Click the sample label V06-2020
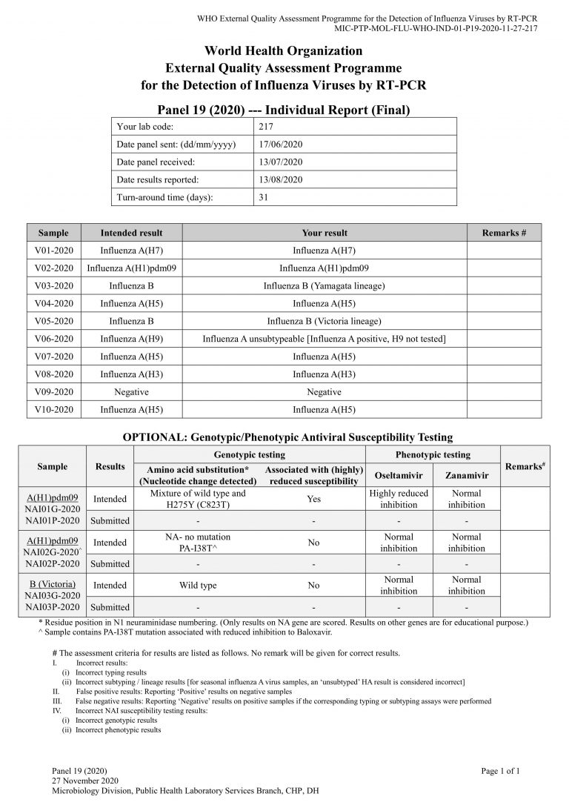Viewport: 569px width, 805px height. coord(53,339)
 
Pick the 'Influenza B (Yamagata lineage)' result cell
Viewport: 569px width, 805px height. coord(325,285)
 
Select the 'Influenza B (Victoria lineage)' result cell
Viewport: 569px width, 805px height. coord(325,321)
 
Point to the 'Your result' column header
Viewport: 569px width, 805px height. coord(325,233)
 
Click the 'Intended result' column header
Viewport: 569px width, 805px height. coord(131,233)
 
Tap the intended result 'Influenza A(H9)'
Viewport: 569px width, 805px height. coord(131,339)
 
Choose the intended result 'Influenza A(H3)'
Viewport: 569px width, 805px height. coord(131,374)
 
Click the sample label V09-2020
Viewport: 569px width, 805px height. coord(53,392)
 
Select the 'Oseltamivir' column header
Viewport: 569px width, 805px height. coord(399,474)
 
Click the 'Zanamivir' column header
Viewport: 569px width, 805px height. coord(466,474)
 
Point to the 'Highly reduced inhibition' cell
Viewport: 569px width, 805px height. coord(399,499)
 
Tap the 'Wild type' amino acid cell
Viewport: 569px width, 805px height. coord(198,585)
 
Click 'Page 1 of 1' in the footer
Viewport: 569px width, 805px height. coord(500,771)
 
